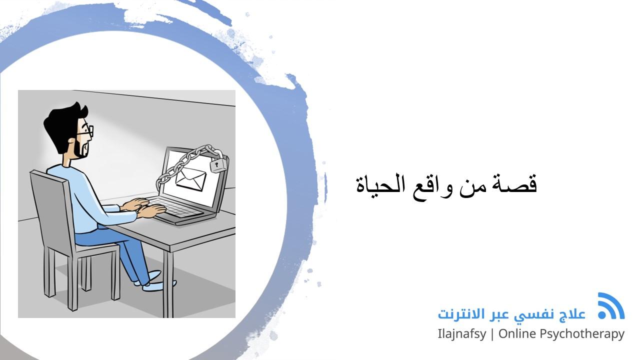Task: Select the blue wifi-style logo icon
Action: (x=610, y=306)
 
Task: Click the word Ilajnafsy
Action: (x=461, y=334)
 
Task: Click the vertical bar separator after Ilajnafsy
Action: (x=492, y=334)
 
